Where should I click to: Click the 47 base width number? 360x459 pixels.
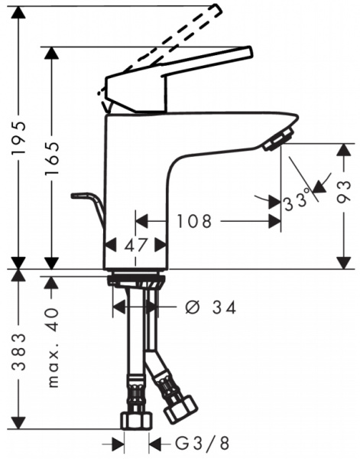tap(136, 246)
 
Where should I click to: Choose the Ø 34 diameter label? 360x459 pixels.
tap(210, 308)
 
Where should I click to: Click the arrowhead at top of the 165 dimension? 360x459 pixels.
tap(53, 53)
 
